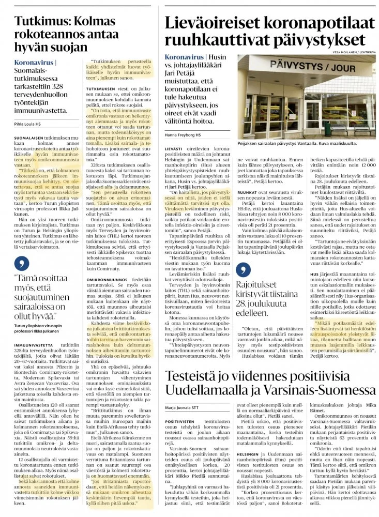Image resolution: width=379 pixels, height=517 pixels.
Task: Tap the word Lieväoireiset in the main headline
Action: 217,23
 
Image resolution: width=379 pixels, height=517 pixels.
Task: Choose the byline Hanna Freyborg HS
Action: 184,135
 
